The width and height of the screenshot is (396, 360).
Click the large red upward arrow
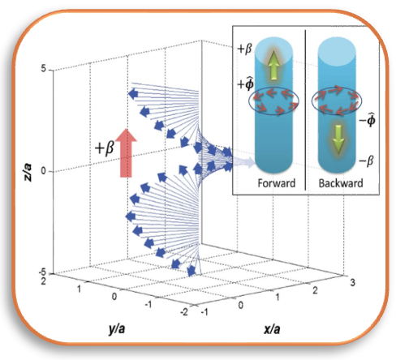pos(126,153)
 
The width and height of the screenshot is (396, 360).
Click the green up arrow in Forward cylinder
pos(274,66)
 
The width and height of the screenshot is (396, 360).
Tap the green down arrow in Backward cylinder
pos(338,139)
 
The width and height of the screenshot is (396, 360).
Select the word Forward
pos(276,183)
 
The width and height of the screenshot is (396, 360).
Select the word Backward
pos(341,183)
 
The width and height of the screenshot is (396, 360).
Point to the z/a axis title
pos(28,172)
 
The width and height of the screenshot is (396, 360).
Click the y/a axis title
pos(117,329)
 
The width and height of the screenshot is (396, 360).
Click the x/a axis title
pos(272,329)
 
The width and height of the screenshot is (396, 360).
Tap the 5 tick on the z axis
pos(44,69)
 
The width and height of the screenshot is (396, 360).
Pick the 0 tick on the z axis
pos(43,171)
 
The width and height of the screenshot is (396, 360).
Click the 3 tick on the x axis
pos(352,283)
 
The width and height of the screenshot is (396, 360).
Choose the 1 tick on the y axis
pos(79,289)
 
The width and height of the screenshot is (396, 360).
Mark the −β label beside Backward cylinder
pos(367,161)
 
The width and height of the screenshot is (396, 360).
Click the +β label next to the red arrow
pos(105,148)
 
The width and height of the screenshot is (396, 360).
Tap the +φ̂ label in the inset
pos(246,84)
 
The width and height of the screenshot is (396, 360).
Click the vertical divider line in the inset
pos(306,109)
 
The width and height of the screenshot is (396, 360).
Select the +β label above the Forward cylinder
pos(244,49)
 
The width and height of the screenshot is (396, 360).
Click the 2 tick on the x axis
pos(315,290)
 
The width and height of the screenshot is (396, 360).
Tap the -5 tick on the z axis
pos(42,272)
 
